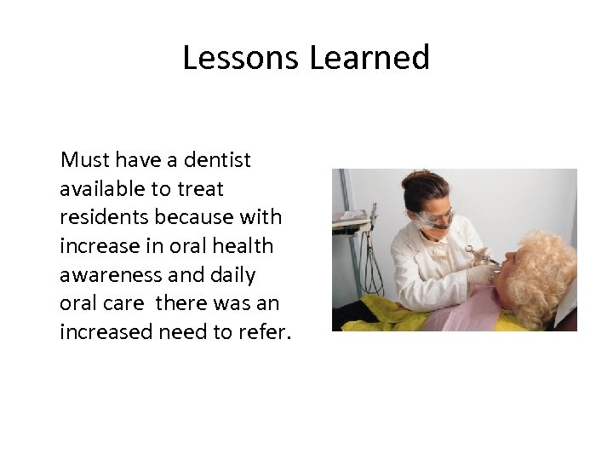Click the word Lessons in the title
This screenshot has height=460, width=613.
coord(242,58)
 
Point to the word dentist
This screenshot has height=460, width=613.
coord(216,159)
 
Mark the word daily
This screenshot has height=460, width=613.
coord(229,275)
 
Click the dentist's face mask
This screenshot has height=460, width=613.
coord(430,222)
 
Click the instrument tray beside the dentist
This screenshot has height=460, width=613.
coord(352,220)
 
